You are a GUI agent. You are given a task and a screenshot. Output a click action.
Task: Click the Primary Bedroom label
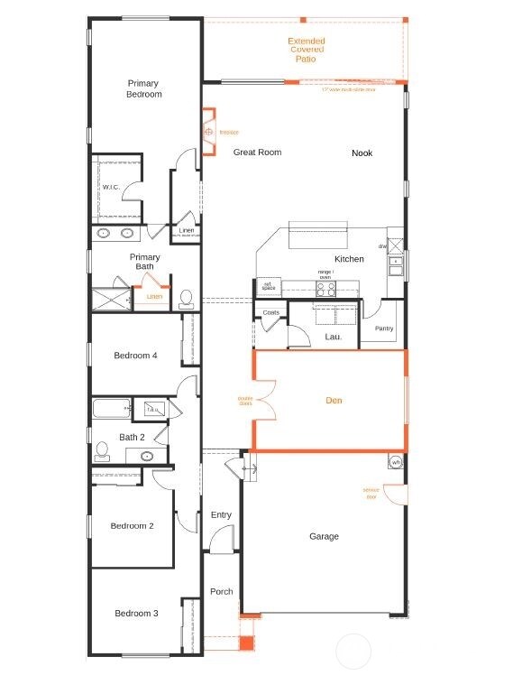[144, 88]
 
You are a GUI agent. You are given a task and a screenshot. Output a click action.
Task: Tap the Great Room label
[257, 153]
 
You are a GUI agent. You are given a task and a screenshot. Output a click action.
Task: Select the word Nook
[362, 153]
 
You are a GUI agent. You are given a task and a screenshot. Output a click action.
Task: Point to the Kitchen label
[349, 259]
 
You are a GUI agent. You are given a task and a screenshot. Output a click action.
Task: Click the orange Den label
[334, 400]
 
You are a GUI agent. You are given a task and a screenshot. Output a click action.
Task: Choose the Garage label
[324, 536]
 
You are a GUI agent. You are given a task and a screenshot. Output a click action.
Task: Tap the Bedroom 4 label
[135, 356]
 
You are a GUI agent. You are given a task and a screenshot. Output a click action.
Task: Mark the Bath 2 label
[132, 438]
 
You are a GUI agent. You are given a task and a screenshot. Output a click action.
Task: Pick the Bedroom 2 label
[132, 526]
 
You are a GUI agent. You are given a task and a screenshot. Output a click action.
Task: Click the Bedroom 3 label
[136, 614]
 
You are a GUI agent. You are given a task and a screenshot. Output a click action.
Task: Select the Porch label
[221, 592]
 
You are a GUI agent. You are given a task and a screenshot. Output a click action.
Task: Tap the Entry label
[221, 515]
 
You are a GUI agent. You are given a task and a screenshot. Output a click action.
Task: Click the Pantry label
[384, 328]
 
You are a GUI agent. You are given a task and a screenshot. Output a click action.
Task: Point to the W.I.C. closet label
[111, 188]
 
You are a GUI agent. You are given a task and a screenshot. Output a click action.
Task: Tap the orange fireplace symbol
[208, 132]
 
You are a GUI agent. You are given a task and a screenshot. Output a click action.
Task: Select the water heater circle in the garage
[396, 462]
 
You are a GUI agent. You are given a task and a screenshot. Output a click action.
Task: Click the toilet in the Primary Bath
[187, 298]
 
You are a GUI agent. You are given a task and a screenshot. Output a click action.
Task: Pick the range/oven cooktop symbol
[325, 289]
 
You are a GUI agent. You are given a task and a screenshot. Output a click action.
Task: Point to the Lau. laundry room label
[333, 337]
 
